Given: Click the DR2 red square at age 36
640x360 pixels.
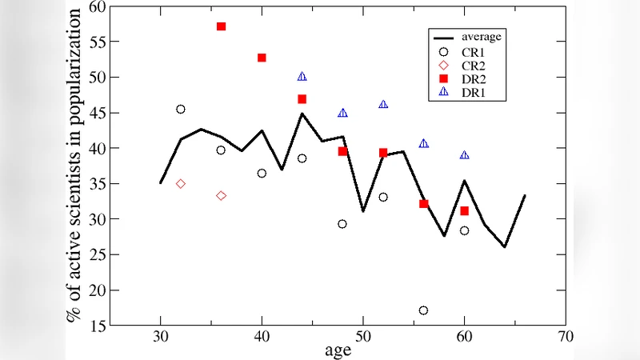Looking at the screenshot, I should pyautogui.click(x=221, y=26).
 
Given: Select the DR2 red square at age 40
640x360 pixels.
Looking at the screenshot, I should pyautogui.click(x=262, y=58).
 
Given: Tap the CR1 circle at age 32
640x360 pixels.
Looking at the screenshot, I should pyautogui.click(x=181, y=109).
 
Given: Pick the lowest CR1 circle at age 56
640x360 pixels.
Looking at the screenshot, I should pyautogui.click(x=423, y=310).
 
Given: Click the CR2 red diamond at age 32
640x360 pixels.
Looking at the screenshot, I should pyautogui.click(x=181, y=183).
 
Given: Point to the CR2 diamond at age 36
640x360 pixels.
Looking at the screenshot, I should pyautogui.click(x=221, y=195).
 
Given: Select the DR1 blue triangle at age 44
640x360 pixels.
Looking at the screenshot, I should pyautogui.click(x=302, y=77).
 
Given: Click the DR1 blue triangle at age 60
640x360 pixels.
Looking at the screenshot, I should pyautogui.click(x=464, y=155).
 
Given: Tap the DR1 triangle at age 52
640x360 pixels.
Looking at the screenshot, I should pyautogui.click(x=383, y=105).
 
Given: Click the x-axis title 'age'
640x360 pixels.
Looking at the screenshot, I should pyautogui.click(x=338, y=350).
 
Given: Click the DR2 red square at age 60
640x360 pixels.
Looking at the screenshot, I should pyautogui.click(x=464, y=210).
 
